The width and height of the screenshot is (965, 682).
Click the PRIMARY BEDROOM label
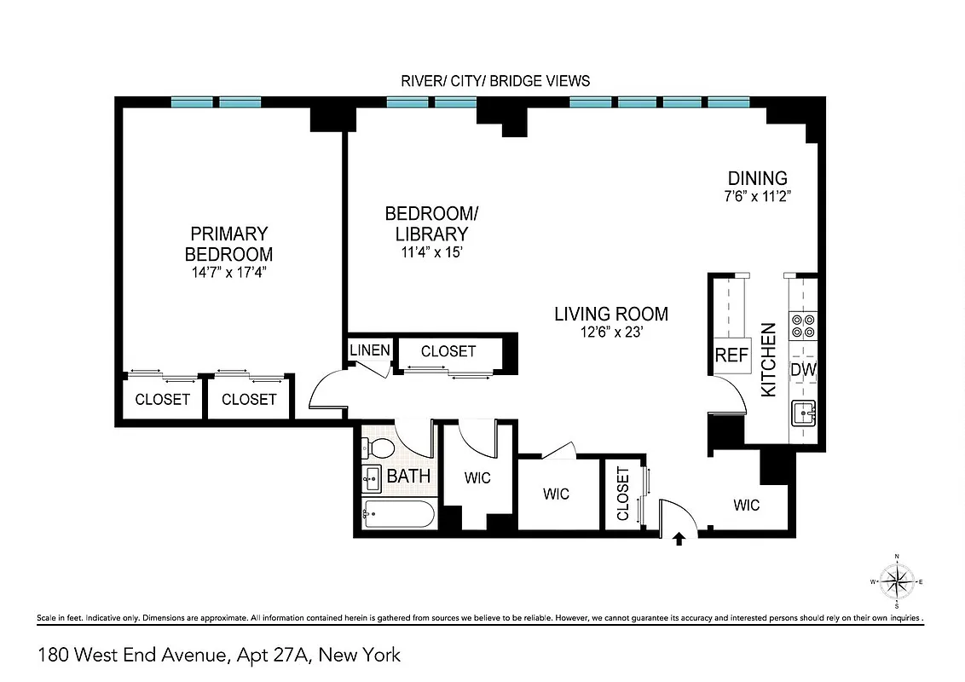click(228, 243)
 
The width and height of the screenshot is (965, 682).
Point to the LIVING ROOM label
click(611, 314)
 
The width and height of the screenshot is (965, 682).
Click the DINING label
click(757, 178)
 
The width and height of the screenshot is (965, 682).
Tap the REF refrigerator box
click(731, 355)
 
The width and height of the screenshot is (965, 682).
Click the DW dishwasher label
click(803, 370)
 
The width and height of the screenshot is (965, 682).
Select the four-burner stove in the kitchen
click(803, 327)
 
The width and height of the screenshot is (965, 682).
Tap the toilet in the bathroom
click(377, 448)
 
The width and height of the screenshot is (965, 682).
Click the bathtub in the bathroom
click(398, 514)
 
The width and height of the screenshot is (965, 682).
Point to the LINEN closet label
click(369, 350)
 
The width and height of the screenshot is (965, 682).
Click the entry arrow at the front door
click(679, 539)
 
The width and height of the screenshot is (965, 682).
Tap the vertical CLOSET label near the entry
click(622, 494)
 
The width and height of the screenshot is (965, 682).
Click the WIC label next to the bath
click(477, 478)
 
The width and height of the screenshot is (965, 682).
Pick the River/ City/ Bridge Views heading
click(495, 81)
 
